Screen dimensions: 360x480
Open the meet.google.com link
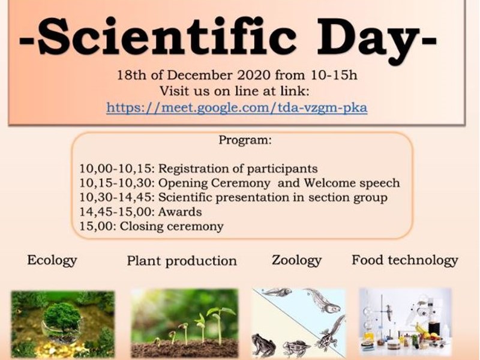click(237, 107)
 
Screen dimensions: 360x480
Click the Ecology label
click(52, 260)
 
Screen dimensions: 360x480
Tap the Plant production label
click(182, 261)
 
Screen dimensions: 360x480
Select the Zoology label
click(296, 260)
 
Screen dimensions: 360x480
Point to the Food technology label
click(404, 260)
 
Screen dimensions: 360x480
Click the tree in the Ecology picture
click(62, 315)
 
